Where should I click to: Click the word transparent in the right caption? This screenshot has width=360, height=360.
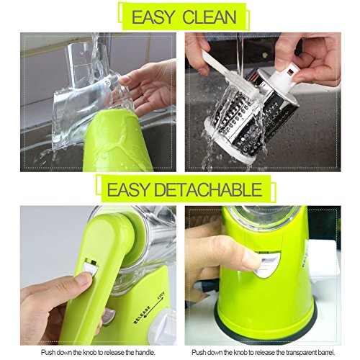coord(305,352)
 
